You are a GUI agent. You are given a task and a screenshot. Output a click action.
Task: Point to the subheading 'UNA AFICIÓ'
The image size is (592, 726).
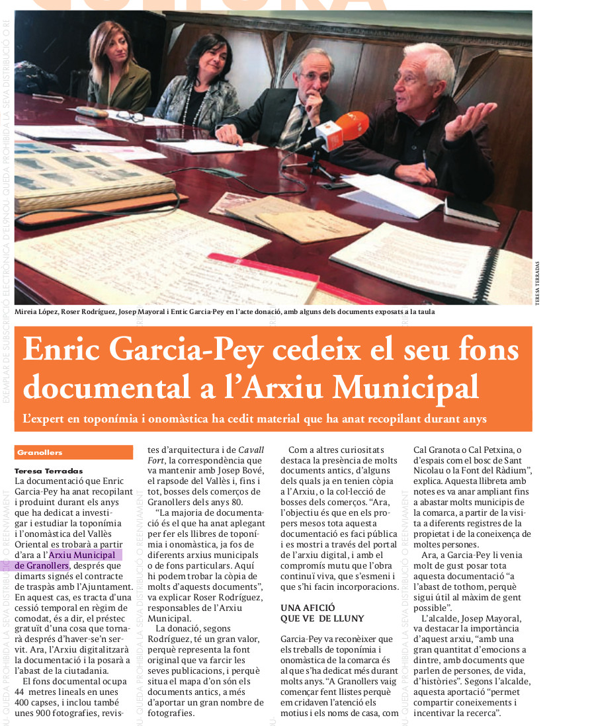308,608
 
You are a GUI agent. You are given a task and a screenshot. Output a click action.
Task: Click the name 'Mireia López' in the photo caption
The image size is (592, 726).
36,311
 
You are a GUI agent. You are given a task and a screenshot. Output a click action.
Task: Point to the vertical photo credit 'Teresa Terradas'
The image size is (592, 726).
537,281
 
